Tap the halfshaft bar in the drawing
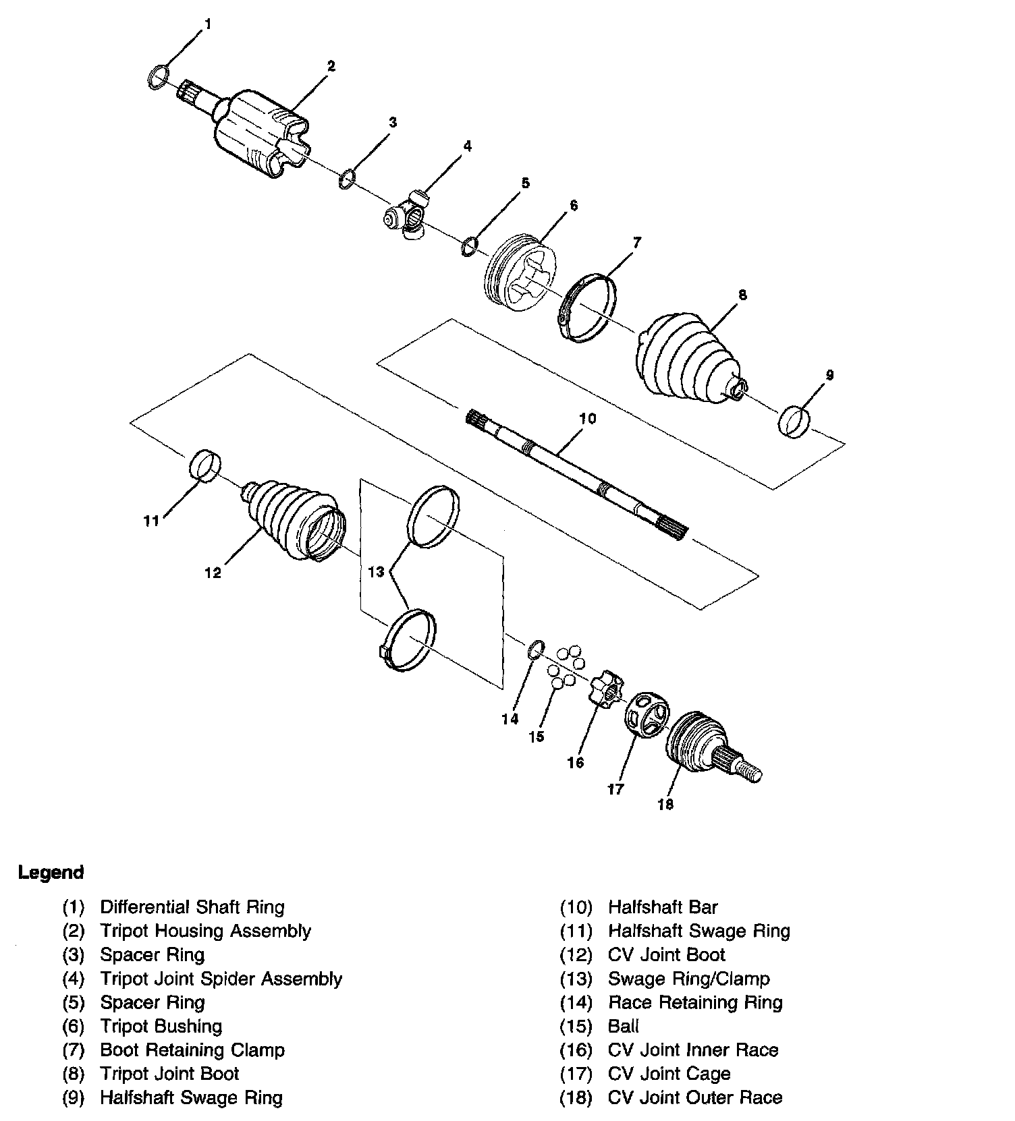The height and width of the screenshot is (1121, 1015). coord(574,472)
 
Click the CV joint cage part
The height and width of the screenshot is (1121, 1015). coord(644,719)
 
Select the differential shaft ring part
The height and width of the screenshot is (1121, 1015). coord(157,76)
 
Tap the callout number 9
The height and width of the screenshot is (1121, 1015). coord(829,375)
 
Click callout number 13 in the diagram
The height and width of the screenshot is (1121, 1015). coord(376,572)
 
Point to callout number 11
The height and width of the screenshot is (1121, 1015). coord(150,520)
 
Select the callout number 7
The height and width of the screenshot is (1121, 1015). coord(636,242)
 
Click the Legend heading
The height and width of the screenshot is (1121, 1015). coord(51,872)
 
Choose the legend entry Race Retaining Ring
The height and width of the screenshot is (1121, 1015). coord(695,1002)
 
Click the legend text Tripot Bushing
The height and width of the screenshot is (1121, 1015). coord(161,1026)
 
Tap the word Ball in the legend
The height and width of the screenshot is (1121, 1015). coord(623,1026)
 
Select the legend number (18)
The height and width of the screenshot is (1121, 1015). coord(576,1097)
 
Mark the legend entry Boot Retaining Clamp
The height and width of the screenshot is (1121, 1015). coord(192,1050)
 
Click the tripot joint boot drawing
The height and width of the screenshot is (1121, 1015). coord(685,354)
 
